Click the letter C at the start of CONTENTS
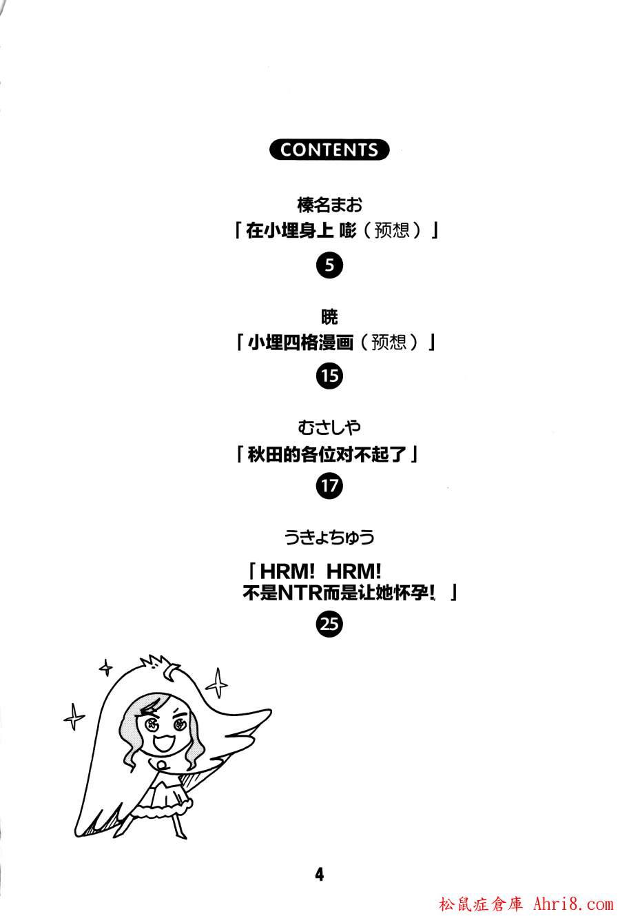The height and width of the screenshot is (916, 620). (286, 150)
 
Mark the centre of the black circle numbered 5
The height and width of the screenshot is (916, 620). (329, 265)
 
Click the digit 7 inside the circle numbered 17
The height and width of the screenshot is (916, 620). (333, 486)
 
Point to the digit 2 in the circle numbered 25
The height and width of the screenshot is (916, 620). (324, 624)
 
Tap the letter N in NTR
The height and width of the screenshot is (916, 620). (285, 593)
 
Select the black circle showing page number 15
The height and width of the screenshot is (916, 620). (329, 376)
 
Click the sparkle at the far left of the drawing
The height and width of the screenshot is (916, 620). (74, 716)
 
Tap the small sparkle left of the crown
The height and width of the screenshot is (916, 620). (106, 667)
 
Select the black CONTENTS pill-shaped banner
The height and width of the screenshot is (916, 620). (329, 150)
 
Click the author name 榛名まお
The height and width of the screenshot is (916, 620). (329, 205)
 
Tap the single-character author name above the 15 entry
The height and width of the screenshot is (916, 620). (329, 317)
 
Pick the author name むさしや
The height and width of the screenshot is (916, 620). (329, 427)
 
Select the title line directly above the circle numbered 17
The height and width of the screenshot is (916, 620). (327, 454)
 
